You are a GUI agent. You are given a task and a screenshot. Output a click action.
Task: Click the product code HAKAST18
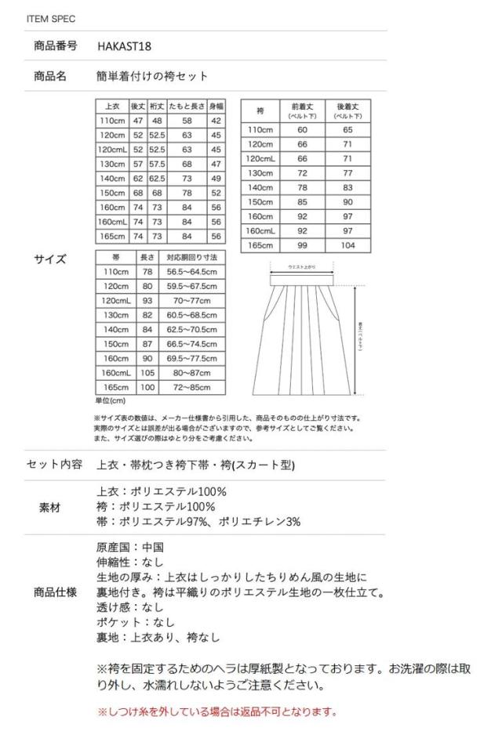[124, 46]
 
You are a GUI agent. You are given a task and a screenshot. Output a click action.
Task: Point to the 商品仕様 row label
[56, 592]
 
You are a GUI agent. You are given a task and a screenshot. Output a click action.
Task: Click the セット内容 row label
[54, 464]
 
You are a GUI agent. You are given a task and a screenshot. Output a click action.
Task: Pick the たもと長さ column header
[187, 105]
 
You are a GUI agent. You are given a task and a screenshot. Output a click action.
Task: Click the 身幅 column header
[216, 105]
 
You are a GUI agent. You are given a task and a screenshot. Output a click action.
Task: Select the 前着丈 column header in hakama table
[302, 110]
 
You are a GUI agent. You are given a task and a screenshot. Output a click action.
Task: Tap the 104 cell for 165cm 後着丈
[347, 244]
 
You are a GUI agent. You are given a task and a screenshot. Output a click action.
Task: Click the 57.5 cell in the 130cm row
[157, 164]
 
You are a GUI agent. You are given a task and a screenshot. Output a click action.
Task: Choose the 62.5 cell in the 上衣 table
[157, 179]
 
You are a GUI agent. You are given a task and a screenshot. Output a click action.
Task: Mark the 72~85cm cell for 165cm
[192, 388]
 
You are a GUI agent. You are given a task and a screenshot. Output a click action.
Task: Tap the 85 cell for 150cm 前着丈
[302, 201]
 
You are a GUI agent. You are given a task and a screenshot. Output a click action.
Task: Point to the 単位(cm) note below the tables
[109, 400]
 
